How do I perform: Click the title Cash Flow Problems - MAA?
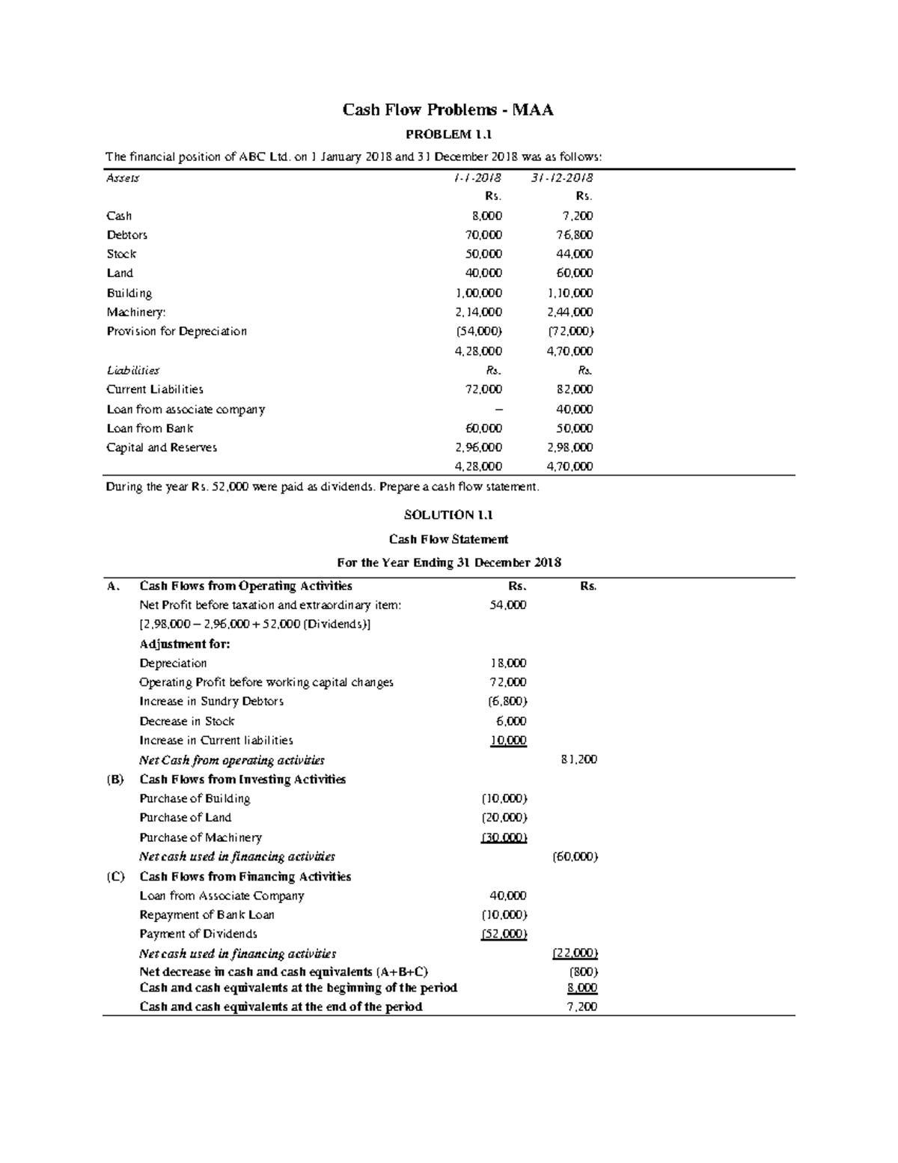tap(448, 110)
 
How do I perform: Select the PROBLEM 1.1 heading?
tap(448, 135)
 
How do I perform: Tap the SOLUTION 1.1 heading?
tap(448, 514)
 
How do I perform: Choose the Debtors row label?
tap(126, 235)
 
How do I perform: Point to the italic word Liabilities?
tap(132, 370)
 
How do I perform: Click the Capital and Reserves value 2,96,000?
tap(478, 448)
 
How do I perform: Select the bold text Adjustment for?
tap(185, 644)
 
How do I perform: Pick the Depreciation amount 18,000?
tap(508, 664)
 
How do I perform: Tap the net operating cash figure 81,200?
tap(578, 760)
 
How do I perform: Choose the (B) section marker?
tap(114, 780)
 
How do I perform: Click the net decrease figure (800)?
tap(584, 972)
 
